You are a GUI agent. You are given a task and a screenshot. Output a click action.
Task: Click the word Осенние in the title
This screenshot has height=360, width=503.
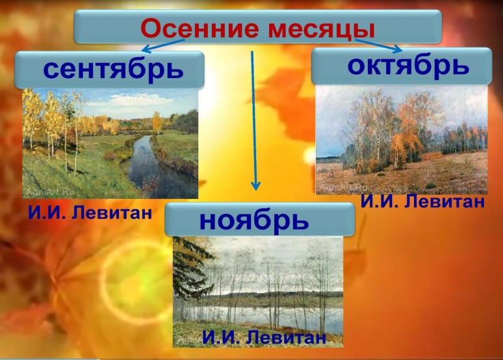pyautogui.click(x=200, y=29)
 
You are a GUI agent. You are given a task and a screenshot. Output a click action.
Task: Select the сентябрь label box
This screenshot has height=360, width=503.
pyautogui.click(x=109, y=70)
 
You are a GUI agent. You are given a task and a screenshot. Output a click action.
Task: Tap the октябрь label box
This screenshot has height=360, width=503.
pyautogui.click(x=402, y=66)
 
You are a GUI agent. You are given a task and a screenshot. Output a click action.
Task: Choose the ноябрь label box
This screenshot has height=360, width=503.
pyautogui.click(x=260, y=220)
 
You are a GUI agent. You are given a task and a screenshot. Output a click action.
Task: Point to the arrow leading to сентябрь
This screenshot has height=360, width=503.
pyautogui.click(x=163, y=45)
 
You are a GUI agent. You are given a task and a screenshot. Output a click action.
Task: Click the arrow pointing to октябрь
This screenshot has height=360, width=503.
pyautogui.click(x=378, y=45)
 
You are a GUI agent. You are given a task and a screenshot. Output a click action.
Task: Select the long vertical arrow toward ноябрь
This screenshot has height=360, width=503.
pyautogui.click(x=253, y=121)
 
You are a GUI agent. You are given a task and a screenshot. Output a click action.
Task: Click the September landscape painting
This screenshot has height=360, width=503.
pyautogui.click(x=110, y=144)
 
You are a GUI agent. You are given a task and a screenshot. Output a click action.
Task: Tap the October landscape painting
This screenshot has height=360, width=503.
pyautogui.click(x=402, y=140)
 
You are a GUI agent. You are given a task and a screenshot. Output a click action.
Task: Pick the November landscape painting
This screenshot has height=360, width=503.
pyautogui.click(x=258, y=292)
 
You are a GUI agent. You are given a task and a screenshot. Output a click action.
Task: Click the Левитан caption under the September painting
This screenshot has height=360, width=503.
pyautogui.click(x=90, y=212)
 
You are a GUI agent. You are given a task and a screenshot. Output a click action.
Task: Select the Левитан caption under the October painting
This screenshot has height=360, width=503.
pyautogui.click(x=422, y=202)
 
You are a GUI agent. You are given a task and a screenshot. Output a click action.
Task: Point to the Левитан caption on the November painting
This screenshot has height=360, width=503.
pyautogui.click(x=264, y=337)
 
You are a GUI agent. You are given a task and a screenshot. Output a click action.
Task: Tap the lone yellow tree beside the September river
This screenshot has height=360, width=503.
pyautogui.click(x=157, y=122)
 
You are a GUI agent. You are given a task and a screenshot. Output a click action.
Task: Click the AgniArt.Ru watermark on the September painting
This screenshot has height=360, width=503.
pyautogui.click(x=50, y=192)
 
